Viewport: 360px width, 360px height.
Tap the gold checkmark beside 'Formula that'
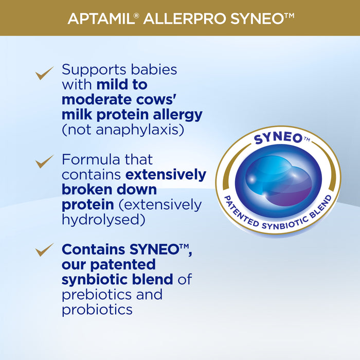[x=45, y=163]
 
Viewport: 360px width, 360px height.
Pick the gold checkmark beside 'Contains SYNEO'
[x=45, y=250]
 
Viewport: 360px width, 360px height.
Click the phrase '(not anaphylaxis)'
[x=122, y=130]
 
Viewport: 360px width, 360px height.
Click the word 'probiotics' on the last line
[x=97, y=310]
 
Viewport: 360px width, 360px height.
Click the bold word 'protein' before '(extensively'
[x=87, y=205]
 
